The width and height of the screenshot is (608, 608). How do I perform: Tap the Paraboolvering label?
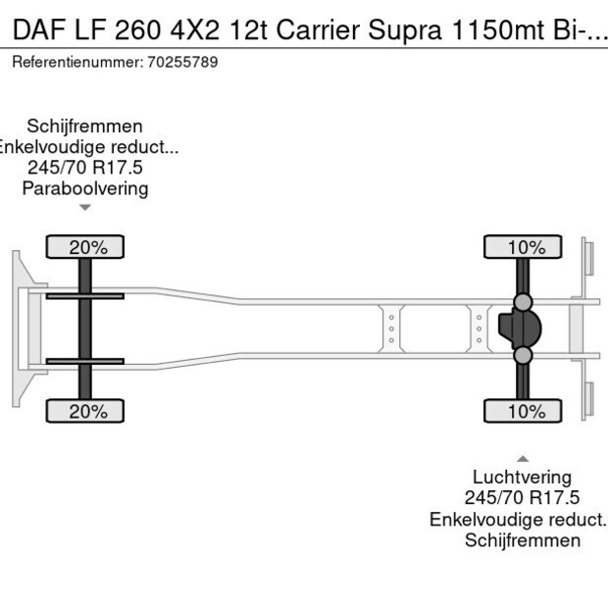point(85,188)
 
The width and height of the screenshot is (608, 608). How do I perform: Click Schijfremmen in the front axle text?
point(85,127)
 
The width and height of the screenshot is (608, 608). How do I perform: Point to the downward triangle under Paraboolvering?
point(85,207)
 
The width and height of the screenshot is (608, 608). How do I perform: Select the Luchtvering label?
point(523,479)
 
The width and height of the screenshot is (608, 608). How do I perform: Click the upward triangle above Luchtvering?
point(523,458)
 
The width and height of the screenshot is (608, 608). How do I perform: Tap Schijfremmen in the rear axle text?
point(523,540)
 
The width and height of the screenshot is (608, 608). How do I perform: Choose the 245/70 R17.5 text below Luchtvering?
point(523,499)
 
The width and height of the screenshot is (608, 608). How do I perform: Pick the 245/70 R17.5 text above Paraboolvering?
point(85,168)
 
